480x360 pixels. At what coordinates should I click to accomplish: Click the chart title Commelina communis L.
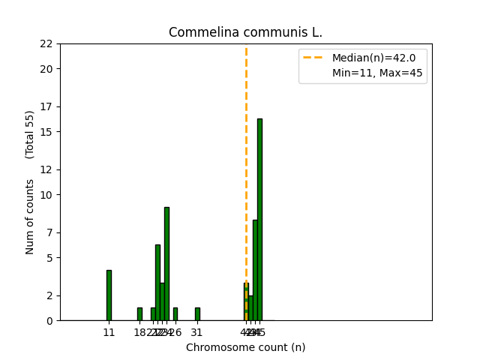click(245, 32)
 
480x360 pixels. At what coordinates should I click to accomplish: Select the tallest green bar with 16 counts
click(259, 219)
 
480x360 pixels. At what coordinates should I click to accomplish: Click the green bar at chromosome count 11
click(109, 295)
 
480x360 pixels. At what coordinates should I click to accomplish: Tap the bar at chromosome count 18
click(139, 314)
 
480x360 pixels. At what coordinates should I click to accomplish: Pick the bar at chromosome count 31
click(197, 314)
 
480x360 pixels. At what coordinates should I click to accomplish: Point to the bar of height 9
click(166, 263)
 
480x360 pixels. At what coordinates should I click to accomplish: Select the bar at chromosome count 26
click(175, 314)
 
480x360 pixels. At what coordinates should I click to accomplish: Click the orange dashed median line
click(246, 150)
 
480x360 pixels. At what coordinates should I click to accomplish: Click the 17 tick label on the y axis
click(46, 106)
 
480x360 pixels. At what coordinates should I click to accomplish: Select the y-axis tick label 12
click(46, 169)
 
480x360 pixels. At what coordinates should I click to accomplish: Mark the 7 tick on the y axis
click(49, 232)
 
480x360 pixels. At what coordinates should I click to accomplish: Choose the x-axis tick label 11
click(109, 332)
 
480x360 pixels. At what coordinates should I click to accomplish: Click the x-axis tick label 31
click(197, 332)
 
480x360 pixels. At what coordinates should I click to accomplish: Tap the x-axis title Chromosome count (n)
click(245, 347)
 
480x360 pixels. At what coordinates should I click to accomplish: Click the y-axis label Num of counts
click(30, 217)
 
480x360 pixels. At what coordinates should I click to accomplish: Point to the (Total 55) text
click(30, 134)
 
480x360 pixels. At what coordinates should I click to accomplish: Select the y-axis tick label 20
click(46, 69)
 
